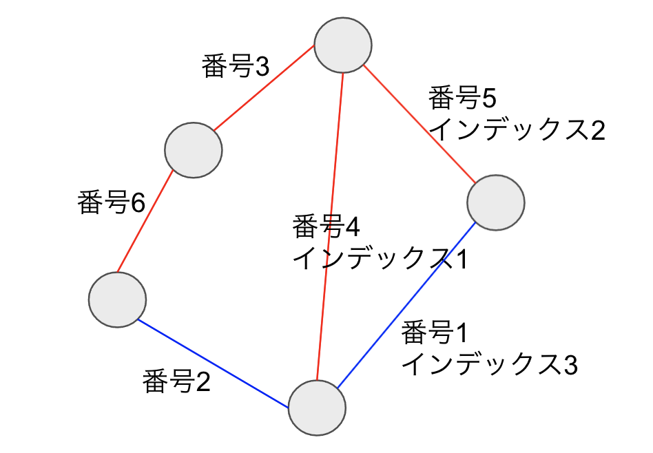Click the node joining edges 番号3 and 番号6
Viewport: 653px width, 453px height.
194,150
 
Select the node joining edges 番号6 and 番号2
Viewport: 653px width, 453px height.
117,299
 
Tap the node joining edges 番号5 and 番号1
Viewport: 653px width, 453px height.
495,202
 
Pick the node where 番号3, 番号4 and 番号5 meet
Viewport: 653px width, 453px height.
343,45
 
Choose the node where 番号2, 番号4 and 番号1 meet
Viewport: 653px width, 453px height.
317,408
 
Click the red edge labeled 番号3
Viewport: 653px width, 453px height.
264,88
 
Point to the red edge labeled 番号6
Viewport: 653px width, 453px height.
145,221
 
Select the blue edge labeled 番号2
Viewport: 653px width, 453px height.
213,364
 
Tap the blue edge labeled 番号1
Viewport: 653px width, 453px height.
406,305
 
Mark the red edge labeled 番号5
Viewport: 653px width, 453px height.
419,124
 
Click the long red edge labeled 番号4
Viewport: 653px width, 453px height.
330,226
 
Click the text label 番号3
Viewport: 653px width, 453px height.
236,66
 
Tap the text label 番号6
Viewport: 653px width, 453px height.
111,203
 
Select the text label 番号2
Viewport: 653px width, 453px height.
176,381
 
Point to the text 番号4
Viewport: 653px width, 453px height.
326,226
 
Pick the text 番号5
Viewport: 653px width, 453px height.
462,98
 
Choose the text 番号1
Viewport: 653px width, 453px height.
435,333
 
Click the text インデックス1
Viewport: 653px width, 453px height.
380,258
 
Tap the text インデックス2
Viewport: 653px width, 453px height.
517,129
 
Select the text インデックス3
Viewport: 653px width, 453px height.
490,364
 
